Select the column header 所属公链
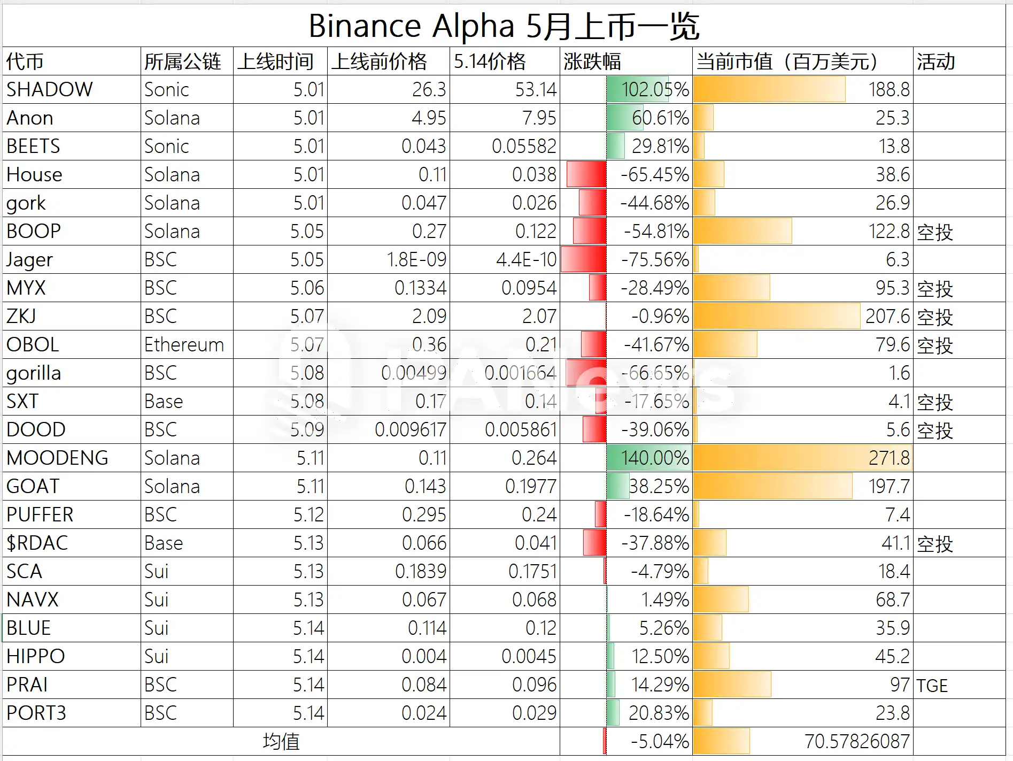[x=182, y=62]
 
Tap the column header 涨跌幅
[x=592, y=62]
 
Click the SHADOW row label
[x=50, y=89]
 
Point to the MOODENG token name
[x=57, y=458]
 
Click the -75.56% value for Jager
[x=655, y=260]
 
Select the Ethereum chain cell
[x=184, y=345]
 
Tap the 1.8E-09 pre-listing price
[x=416, y=260]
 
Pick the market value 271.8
[x=888, y=458]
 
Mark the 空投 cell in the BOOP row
[x=935, y=232]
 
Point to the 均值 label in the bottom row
[x=281, y=742]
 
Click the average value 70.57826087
[x=856, y=742]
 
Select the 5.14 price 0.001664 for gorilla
[x=520, y=373]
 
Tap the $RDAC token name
[x=37, y=543]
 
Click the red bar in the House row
[x=586, y=174]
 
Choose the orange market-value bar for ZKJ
[x=776, y=316]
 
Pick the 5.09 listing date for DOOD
[x=307, y=429]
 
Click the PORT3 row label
[x=36, y=713]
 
